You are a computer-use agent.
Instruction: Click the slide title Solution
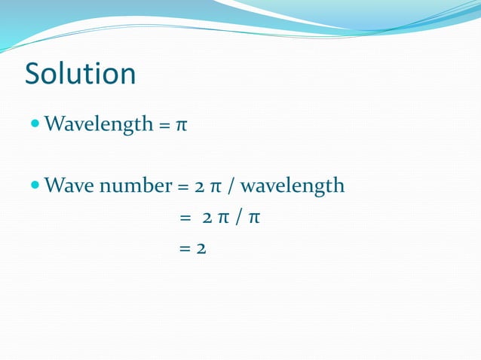click(81, 74)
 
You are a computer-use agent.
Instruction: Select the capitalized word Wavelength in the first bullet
click(100, 124)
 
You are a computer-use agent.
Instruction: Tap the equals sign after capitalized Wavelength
click(164, 124)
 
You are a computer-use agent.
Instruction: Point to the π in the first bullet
click(181, 124)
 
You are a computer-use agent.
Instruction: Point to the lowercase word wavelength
click(292, 186)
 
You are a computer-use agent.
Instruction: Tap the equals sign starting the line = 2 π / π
click(185, 219)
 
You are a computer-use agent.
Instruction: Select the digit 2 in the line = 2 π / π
click(207, 219)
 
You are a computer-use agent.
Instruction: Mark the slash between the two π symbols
click(238, 219)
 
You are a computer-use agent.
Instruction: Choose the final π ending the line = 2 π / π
click(254, 219)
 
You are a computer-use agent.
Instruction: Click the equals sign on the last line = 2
click(185, 249)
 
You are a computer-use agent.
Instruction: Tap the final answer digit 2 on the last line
click(201, 249)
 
